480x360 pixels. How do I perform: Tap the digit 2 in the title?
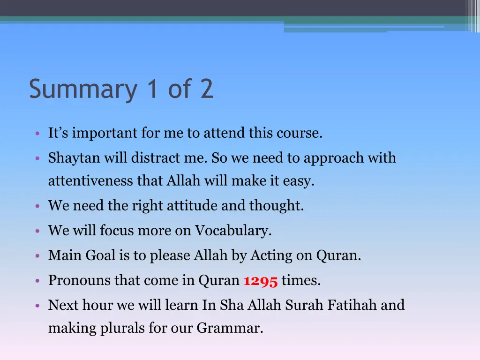point(206,89)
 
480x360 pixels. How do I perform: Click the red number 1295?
point(261,281)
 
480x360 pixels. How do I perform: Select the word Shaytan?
point(74,158)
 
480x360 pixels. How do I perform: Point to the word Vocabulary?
point(233,231)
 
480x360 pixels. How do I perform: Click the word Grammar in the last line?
point(229,329)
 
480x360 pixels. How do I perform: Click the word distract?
point(151,158)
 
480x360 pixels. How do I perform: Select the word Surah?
point(304,305)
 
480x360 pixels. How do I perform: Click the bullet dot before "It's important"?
point(37,134)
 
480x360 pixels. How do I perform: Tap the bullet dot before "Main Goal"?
point(37,256)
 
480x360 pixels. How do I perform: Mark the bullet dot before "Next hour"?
point(37,306)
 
